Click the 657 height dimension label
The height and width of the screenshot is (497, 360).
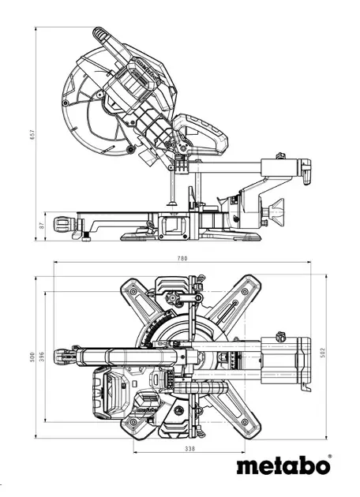coord(33,134)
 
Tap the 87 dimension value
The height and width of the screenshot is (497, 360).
coord(41,226)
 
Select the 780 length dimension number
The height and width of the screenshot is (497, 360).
coord(182,258)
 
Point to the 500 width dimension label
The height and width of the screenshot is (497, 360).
coord(32,357)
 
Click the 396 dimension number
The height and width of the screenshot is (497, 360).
coord(42,357)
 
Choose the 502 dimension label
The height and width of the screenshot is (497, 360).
coord(323,353)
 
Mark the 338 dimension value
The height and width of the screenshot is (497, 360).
coord(189,449)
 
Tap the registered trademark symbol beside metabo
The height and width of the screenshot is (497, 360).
coord(330,457)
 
